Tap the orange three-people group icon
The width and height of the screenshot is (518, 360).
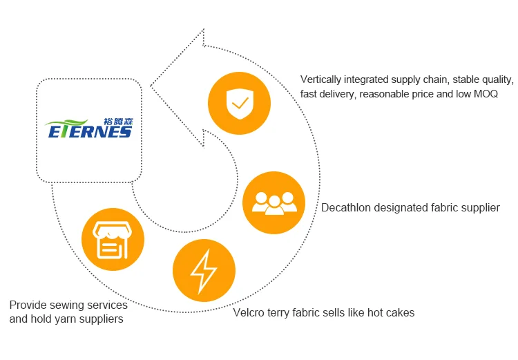(x=274, y=202)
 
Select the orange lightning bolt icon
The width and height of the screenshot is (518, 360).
(x=204, y=270)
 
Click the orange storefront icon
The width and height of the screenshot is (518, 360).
(x=113, y=238)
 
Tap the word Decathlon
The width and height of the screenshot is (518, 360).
(x=346, y=207)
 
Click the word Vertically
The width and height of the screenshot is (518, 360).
(x=324, y=79)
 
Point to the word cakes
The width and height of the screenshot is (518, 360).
(x=400, y=312)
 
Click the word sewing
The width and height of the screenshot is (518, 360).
(x=66, y=305)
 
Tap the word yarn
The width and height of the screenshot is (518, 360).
(x=66, y=319)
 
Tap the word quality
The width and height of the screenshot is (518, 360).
(x=496, y=79)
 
